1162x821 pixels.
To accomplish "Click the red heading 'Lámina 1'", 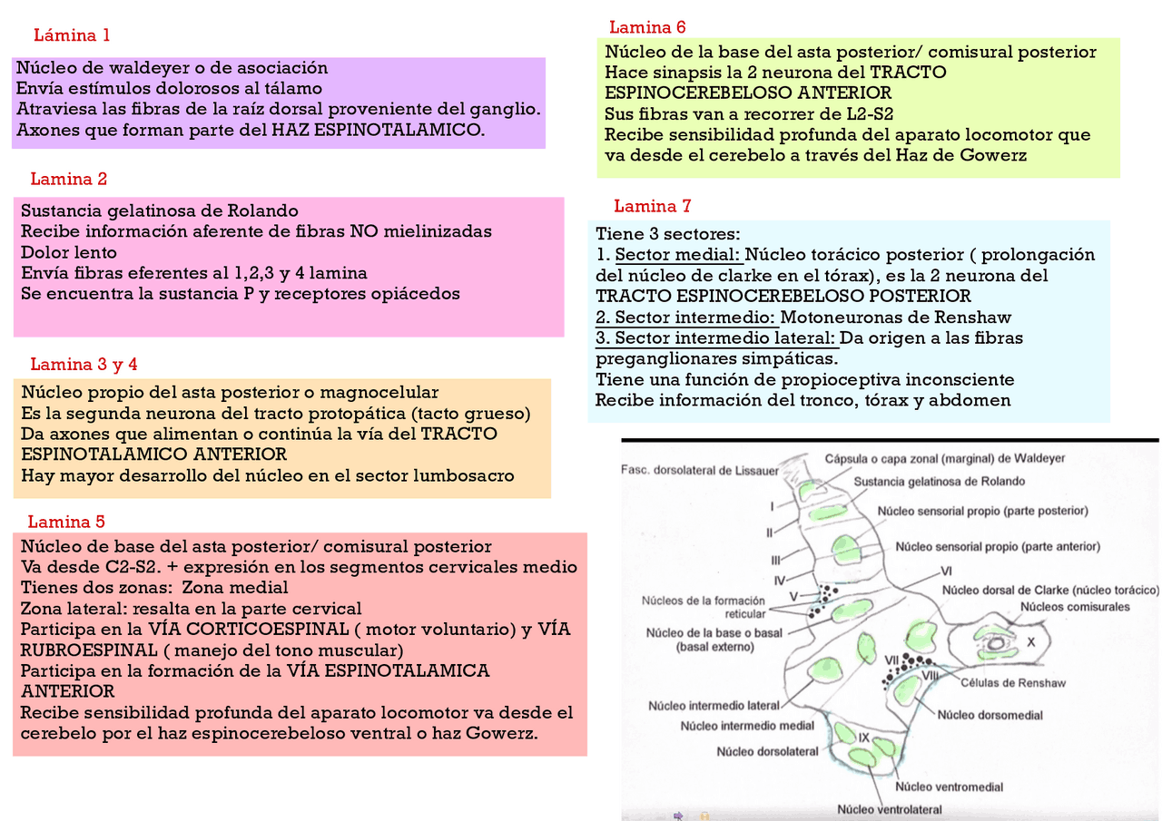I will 72,36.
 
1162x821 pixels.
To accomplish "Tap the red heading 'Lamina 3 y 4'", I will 84,365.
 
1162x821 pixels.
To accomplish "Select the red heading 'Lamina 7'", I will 653,206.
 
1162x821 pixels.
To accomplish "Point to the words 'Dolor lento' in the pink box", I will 69,252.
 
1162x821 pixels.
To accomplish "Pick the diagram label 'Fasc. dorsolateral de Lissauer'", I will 700,470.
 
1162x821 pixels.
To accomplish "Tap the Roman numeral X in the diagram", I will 1030,640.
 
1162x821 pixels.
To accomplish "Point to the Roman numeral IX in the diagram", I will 863,738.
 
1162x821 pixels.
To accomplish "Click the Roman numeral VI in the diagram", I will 946,571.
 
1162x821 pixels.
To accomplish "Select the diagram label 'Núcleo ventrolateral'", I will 889,809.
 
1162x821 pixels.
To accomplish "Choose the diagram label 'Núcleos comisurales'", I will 1075,606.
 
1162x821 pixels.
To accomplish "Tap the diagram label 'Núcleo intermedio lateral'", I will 714,705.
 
